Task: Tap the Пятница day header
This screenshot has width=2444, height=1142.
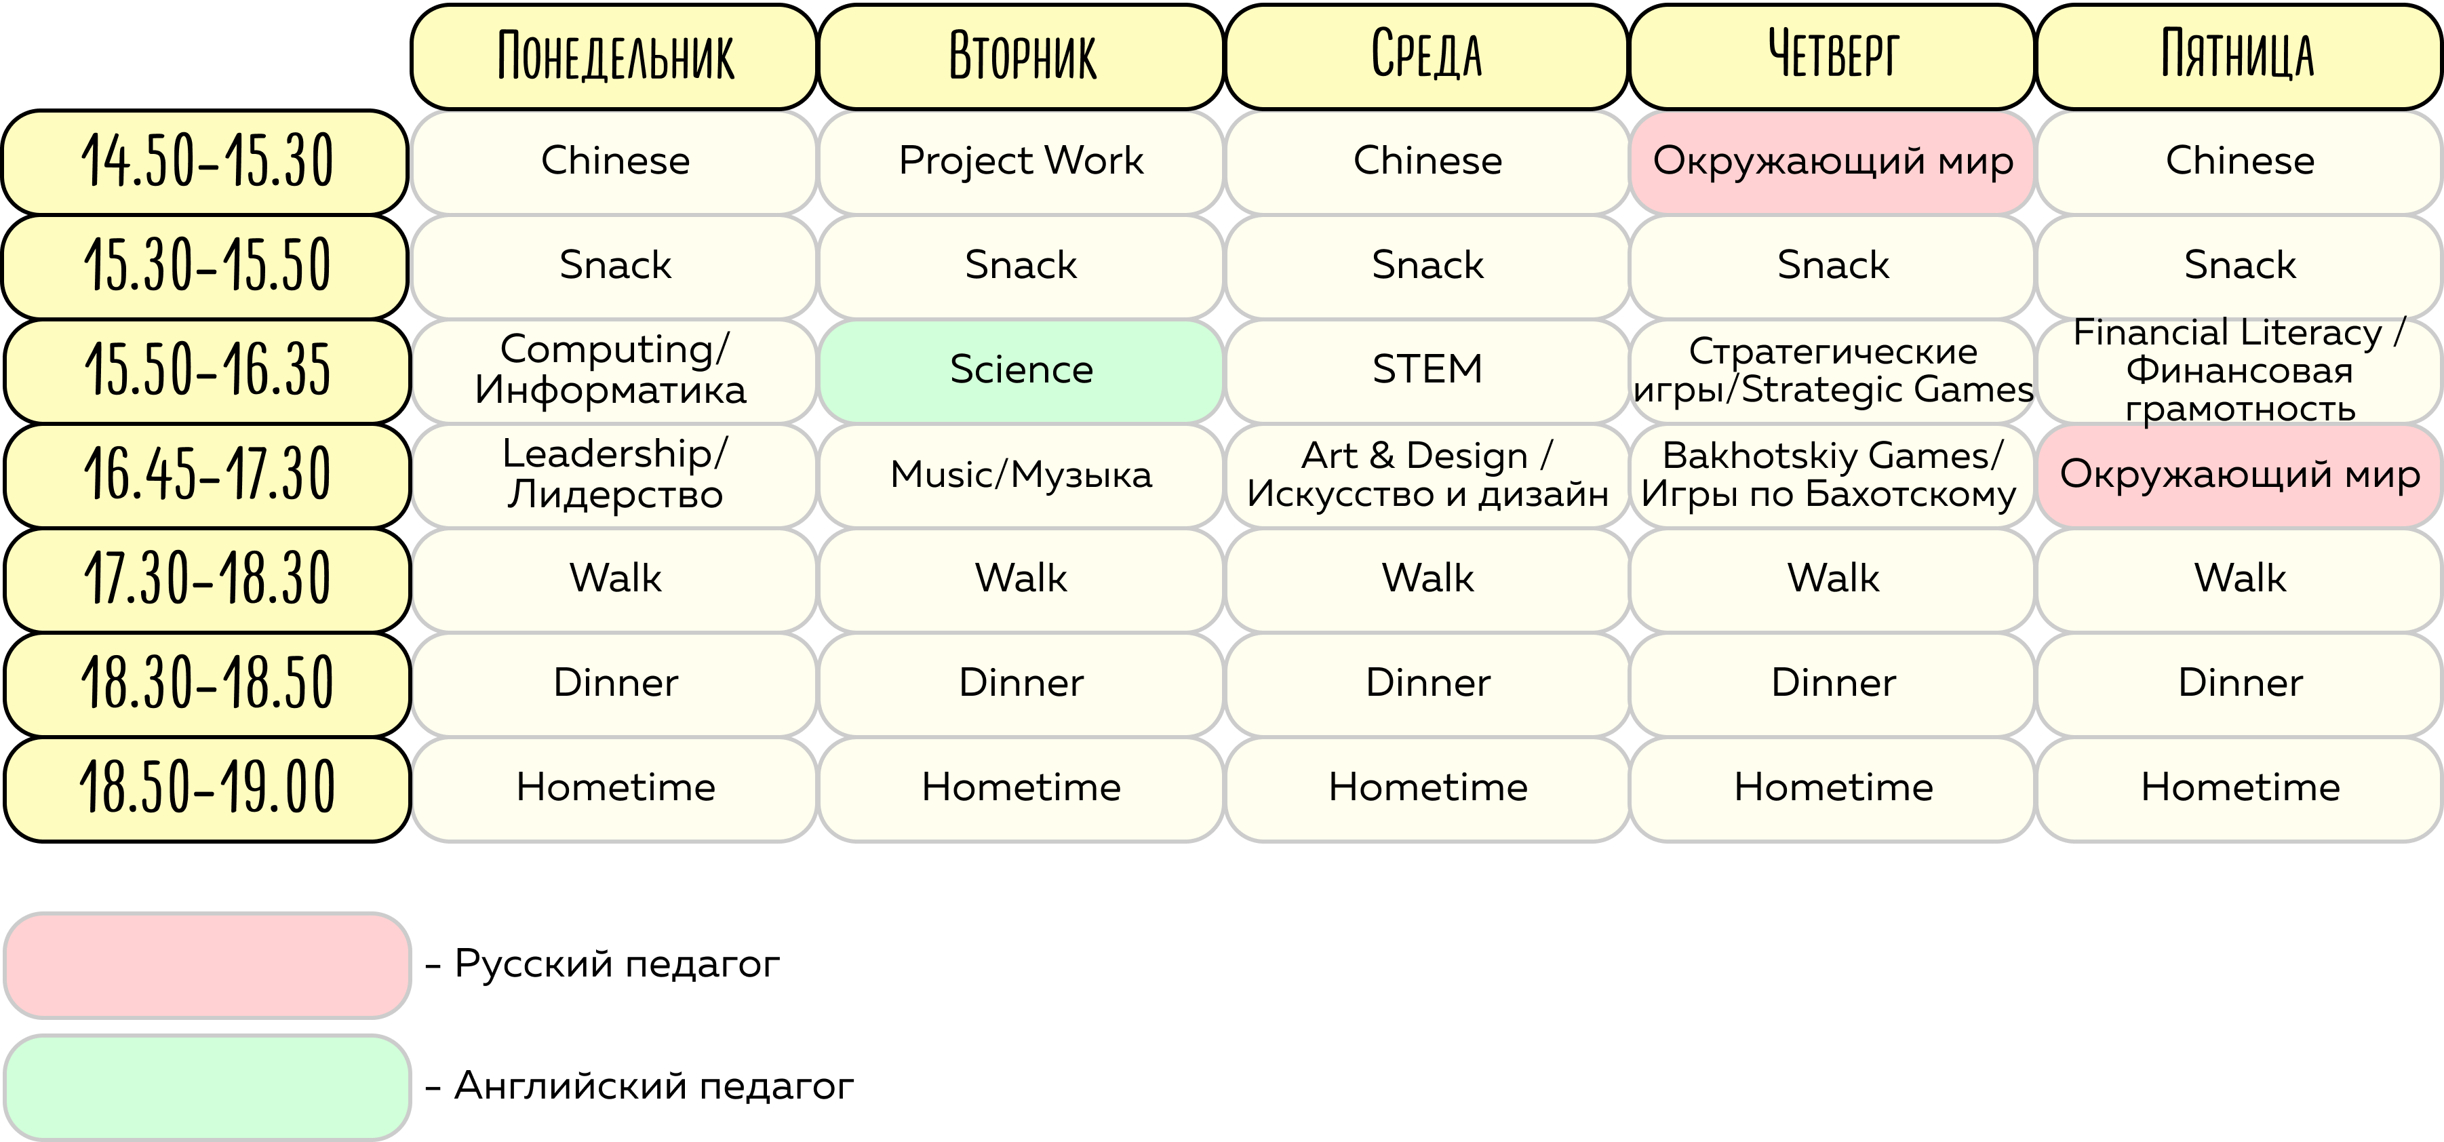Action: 2239,57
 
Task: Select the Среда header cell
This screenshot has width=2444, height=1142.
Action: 1426,57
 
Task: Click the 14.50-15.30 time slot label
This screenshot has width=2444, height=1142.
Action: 206,162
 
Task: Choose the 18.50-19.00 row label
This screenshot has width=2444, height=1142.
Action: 206,788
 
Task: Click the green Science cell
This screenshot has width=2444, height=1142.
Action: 1021,370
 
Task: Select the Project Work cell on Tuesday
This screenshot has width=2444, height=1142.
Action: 1021,161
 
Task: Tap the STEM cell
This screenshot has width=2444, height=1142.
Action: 1427,370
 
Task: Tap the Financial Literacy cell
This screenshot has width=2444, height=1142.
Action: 2239,370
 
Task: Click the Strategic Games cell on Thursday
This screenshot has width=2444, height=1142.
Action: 1832,370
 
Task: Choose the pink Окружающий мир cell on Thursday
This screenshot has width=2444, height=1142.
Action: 1832,161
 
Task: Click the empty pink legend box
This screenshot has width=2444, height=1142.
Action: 207,966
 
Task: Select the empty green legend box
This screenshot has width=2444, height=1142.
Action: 207,1087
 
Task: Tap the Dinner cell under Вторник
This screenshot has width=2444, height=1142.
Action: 1021,683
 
